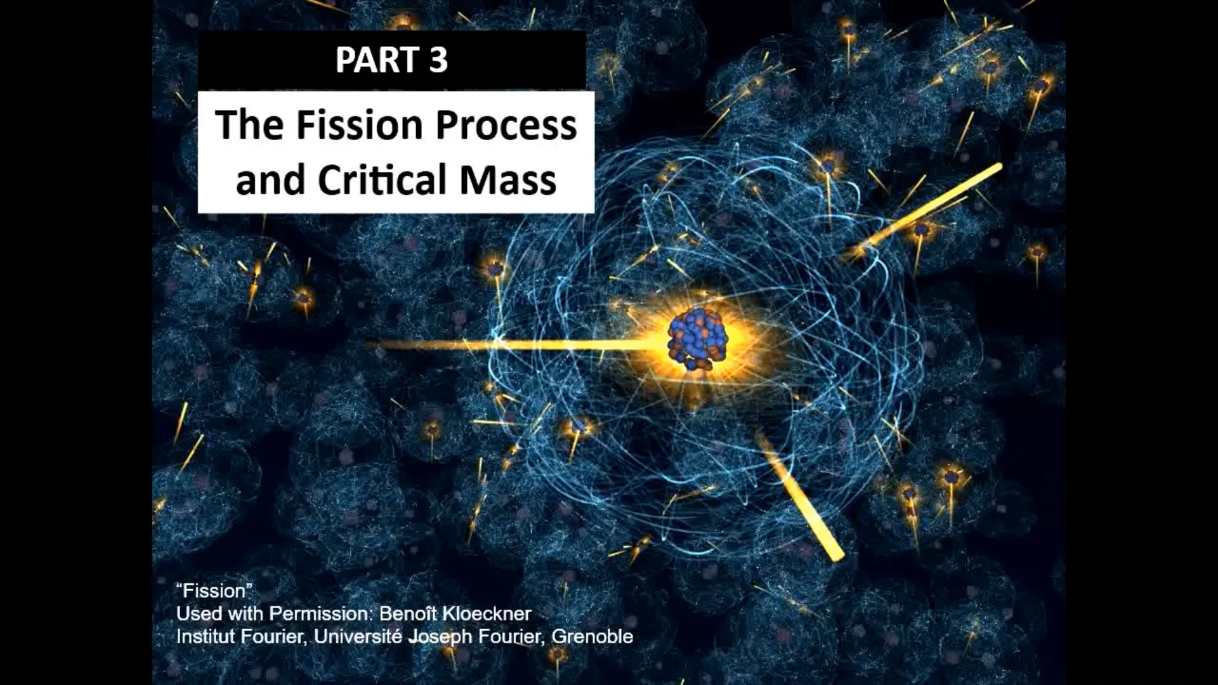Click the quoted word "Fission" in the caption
tap(214, 591)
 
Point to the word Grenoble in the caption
tap(592, 636)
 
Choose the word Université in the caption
tap(358, 636)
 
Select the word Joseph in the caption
tap(440, 636)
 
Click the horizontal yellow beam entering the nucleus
tap(507, 345)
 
